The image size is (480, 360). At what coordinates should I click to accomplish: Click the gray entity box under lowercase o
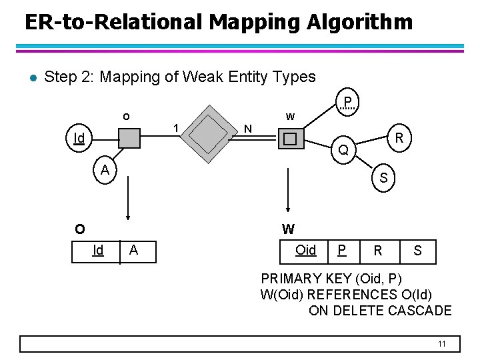pyautogui.click(x=129, y=139)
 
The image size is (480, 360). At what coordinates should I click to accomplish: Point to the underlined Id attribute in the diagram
pyautogui.click(x=79, y=139)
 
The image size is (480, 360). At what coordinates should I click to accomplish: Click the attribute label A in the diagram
pyautogui.click(x=105, y=171)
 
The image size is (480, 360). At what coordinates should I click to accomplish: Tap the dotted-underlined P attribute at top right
pyautogui.click(x=347, y=102)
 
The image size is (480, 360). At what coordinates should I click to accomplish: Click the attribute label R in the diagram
pyautogui.click(x=399, y=138)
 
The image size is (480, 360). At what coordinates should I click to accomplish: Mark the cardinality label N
pyautogui.click(x=247, y=128)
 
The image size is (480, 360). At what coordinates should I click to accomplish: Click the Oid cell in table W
pyautogui.click(x=305, y=251)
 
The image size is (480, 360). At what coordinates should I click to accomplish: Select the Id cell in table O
pyautogui.click(x=98, y=251)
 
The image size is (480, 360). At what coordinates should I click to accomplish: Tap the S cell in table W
pyautogui.click(x=417, y=251)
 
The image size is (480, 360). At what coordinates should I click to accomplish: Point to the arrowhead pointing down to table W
pyautogui.click(x=288, y=208)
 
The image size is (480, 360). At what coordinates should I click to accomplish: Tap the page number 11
pyautogui.click(x=441, y=343)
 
